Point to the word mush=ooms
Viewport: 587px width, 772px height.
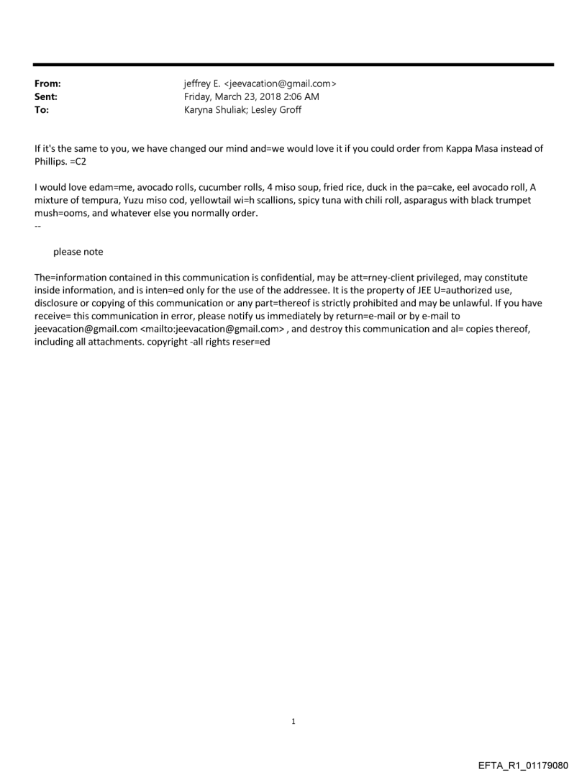[62, 214]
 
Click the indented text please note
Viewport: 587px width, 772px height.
[78, 252]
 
